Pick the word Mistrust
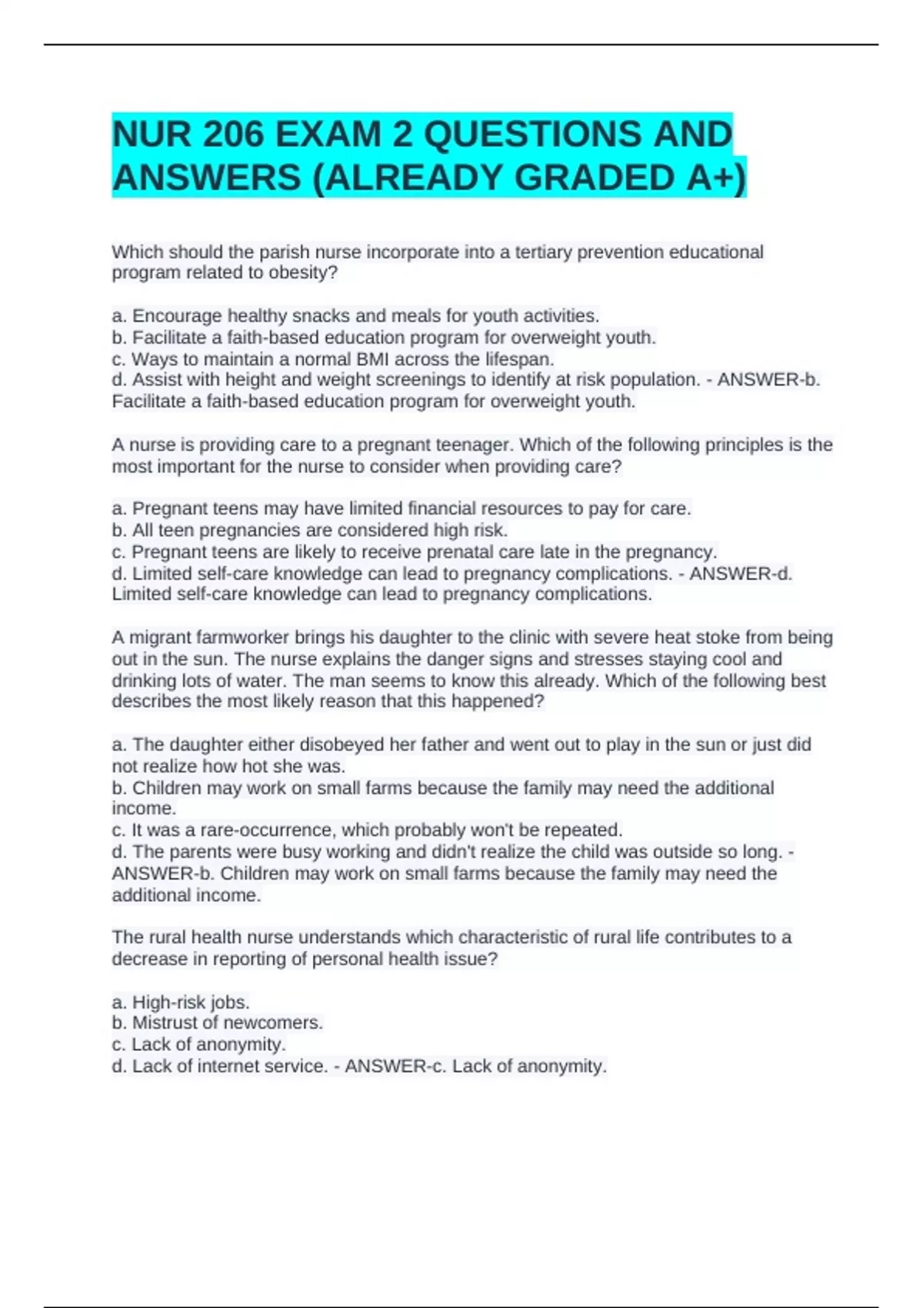tap(170, 1023)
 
